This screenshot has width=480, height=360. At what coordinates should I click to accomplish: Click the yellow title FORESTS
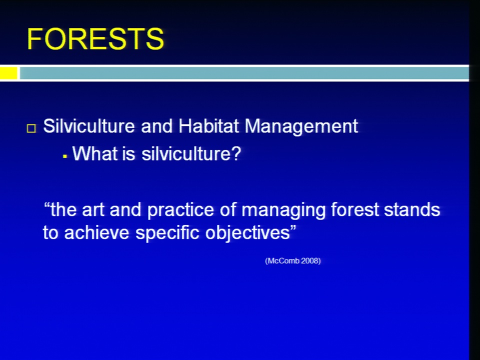pos(95,38)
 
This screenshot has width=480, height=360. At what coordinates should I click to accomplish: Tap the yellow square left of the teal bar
pos(8,73)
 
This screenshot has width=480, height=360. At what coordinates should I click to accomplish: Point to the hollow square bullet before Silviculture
pos(31,128)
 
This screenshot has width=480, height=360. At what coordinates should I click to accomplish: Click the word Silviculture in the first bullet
pos(89,126)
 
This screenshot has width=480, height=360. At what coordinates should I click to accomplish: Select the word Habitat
pos(208,126)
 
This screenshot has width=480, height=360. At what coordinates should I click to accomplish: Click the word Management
pos(301,126)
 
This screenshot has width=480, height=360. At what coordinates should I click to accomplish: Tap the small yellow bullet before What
pos(64,156)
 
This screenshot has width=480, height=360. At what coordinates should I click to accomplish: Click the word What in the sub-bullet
pos(95,153)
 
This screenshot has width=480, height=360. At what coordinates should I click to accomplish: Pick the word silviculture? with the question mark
pos(191,153)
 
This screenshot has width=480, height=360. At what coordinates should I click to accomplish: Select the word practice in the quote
pos(180,210)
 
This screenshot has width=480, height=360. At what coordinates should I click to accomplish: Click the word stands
pos(412,210)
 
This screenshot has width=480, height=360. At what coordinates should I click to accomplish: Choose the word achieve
pos(96,232)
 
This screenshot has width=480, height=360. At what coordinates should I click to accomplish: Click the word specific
pos(167,233)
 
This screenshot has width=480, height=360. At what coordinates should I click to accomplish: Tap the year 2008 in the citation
pos(310,261)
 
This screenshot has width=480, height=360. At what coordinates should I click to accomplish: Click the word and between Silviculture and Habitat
pos(156,126)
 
